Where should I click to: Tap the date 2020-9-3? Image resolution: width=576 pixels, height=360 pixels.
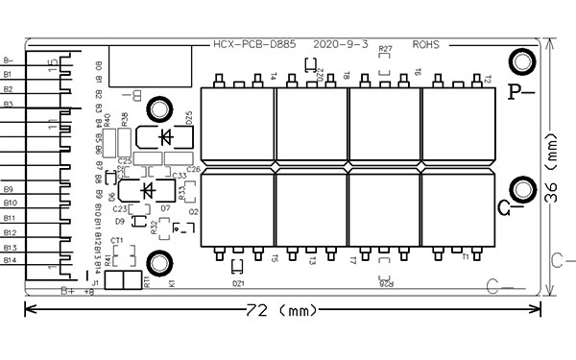pyautogui.click(x=341, y=44)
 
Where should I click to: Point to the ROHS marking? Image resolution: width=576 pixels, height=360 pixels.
pyautogui.click(x=426, y=44)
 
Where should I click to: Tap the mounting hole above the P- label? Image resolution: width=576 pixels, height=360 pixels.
pyautogui.click(x=522, y=63)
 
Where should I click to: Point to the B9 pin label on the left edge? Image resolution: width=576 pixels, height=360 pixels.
pyautogui.click(x=9, y=189)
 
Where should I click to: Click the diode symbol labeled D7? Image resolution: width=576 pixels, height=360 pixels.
pyautogui.click(x=148, y=191)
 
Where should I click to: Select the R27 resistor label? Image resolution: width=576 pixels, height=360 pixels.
pyautogui.click(x=386, y=49)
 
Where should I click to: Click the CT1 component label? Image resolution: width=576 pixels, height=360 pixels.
pyautogui.click(x=117, y=240)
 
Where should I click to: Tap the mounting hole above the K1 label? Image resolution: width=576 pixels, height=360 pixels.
pyautogui.click(x=156, y=262)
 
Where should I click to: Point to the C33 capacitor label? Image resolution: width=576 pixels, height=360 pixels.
pyautogui.click(x=180, y=176)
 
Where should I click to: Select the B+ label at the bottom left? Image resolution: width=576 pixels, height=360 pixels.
pyautogui.click(x=68, y=290)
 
